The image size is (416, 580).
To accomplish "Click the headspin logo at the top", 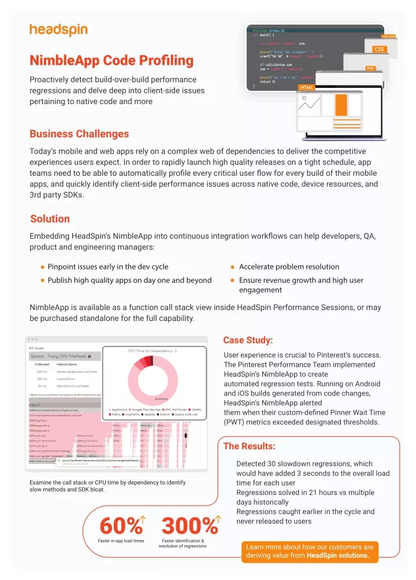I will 58,29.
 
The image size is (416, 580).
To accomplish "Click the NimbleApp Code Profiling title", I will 111,60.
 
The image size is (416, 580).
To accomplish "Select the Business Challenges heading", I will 79,134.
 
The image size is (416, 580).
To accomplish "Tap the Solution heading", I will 50,219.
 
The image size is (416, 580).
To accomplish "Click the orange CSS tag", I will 379,49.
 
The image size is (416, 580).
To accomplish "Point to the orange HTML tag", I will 306,87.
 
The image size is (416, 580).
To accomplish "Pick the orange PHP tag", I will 370,68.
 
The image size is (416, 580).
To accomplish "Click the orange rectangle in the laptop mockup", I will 341,105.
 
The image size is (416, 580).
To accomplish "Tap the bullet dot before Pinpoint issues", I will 43,267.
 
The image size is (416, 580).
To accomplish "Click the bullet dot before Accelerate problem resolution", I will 232,267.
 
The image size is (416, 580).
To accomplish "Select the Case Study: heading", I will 248,339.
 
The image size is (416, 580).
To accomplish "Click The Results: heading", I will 249,446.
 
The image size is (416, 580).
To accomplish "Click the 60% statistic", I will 121,526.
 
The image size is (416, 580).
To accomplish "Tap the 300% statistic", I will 189,526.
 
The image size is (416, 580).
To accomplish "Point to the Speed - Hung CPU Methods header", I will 59,357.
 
